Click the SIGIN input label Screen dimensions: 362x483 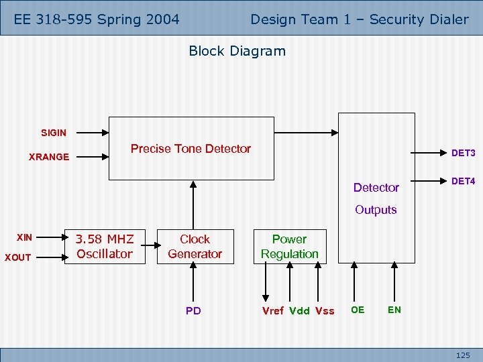click(x=54, y=133)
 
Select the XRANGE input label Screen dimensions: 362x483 click(x=49, y=157)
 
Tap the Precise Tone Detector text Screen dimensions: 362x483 click(x=191, y=149)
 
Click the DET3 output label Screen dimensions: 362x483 click(x=463, y=154)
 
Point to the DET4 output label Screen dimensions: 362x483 click(x=463, y=182)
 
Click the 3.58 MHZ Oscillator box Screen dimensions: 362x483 click(x=104, y=247)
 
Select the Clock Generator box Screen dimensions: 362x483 click(x=195, y=247)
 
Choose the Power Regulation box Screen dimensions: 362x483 click(x=289, y=247)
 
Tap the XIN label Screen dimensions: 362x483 click(x=24, y=237)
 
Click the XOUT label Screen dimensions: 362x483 click(x=18, y=257)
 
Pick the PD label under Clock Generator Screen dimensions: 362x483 click(x=193, y=310)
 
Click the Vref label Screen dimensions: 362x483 click(x=272, y=310)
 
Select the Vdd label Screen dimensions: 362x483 click(x=299, y=310)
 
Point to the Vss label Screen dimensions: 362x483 click(x=324, y=310)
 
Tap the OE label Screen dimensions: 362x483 click(x=358, y=310)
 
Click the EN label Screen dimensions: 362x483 click(x=394, y=310)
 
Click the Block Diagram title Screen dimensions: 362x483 click(x=237, y=51)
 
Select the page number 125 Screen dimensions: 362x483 click(x=463, y=355)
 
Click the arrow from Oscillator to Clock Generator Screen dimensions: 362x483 click(x=150, y=247)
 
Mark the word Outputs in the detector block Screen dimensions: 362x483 click(x=376, y=210)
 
